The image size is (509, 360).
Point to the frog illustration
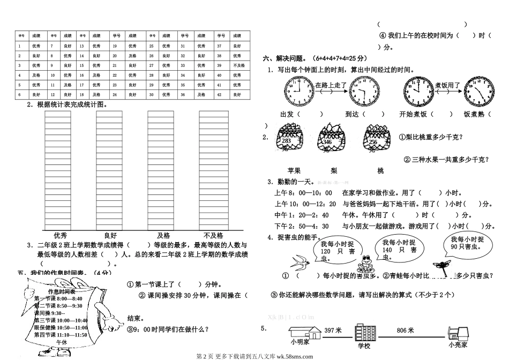click(366, 264)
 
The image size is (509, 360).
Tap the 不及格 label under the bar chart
click(213, 235)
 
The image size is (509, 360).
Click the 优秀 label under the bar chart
click(61, 235)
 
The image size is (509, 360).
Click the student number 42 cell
click(220, 94)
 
